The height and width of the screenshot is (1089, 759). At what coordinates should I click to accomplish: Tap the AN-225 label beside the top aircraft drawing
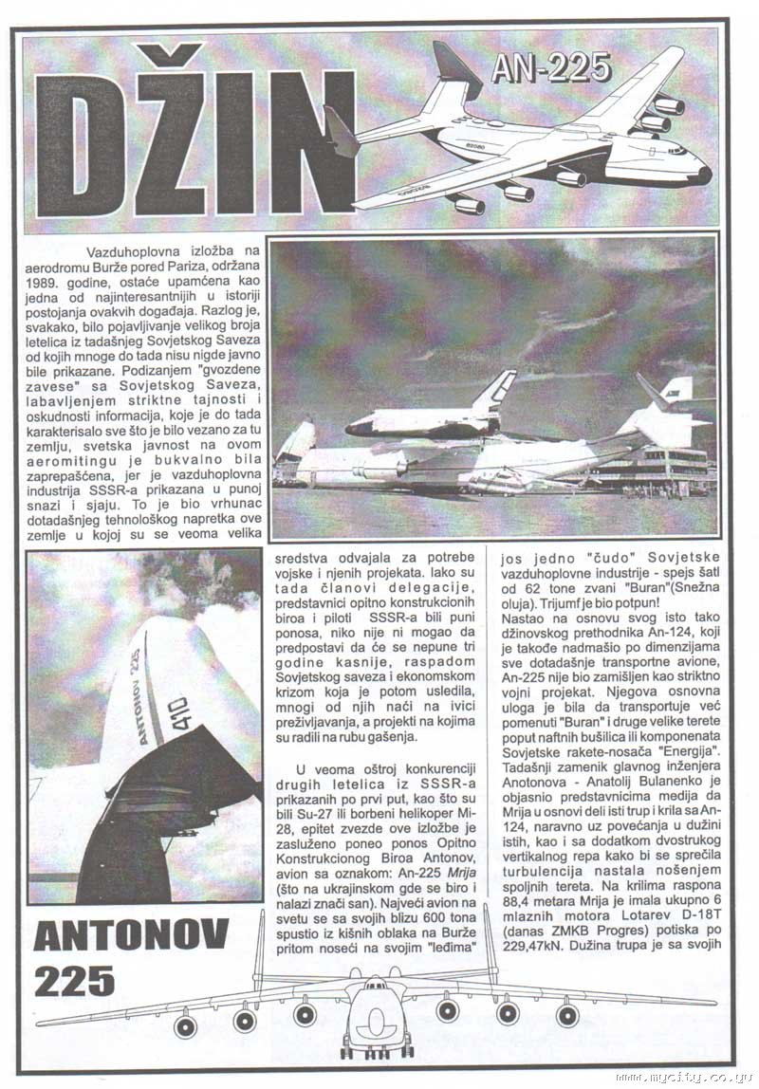(551, 67)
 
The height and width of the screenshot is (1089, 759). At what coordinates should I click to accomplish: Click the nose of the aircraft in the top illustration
(701, 174)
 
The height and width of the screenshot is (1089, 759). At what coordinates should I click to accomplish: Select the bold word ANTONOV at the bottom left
(131, 936)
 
